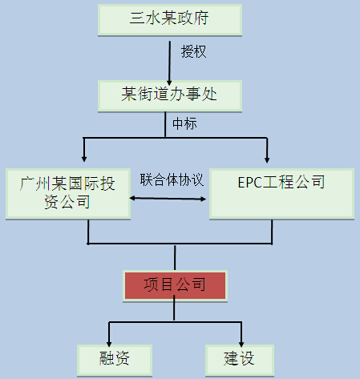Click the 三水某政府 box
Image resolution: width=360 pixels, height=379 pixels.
point(170,20)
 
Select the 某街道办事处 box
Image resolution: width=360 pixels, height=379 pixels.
point(170,96)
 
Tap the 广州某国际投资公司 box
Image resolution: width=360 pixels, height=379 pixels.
point(68,194)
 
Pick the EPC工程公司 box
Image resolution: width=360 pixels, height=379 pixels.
point(281,194)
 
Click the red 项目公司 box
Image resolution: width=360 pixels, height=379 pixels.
point(175,286)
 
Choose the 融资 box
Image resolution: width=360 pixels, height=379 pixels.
point(115,361)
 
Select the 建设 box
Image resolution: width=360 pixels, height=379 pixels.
point(240,361)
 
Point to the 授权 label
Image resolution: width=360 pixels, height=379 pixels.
point(193,51)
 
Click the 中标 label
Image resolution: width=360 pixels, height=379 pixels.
point(184,123)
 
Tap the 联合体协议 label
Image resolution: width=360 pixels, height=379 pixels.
point(172,179)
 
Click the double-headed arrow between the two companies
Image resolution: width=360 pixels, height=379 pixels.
point(168,199)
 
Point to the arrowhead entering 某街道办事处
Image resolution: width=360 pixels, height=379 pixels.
point(169,83)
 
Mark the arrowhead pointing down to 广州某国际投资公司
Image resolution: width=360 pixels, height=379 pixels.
point(84,159)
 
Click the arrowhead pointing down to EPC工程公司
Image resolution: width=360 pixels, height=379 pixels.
point(267,159)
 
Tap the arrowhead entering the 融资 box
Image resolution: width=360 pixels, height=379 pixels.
point(109,344)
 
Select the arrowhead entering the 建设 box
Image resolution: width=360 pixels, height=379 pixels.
point(241,344)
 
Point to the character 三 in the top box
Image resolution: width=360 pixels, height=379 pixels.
point(137,18)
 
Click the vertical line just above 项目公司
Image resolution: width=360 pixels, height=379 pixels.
point(175,258)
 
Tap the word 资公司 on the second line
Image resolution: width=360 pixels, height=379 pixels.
point(67,202)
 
